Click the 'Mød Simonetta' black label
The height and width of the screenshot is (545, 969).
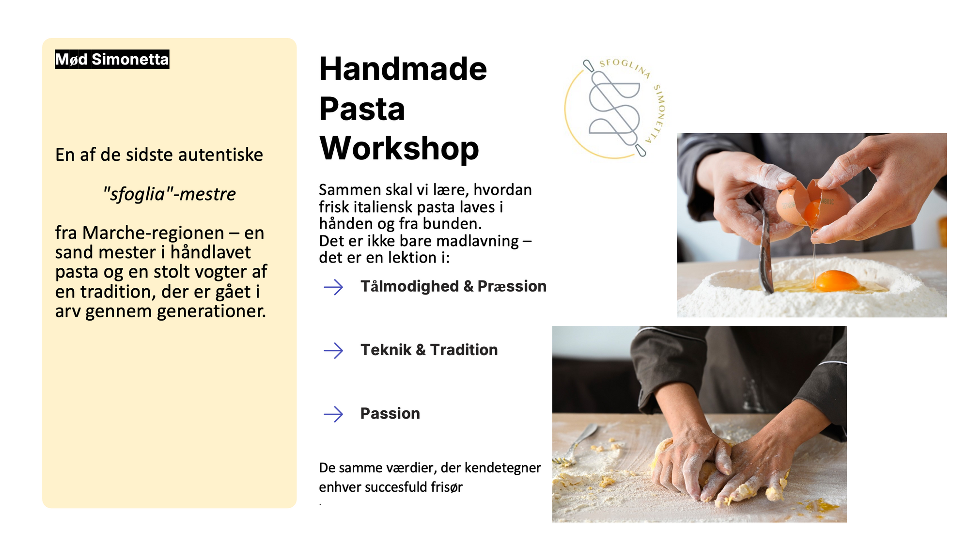(x=112, y=59)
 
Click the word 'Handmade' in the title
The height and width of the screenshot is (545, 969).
(x=403, y=69)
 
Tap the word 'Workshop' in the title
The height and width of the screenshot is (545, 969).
(x=399, y=148)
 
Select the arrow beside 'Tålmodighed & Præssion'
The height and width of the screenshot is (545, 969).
(x=333, y=287)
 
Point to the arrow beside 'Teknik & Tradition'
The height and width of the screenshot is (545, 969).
(x=333, y=350)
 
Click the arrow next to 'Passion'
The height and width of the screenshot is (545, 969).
(x=333, y=414)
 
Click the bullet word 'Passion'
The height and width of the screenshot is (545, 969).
(x=390, y=414)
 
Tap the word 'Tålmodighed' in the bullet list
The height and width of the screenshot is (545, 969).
(x=409, y=286)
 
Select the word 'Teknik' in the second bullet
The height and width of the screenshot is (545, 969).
(x=386, y=350)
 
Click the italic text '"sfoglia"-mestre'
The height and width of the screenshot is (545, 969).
(x=169, y=194)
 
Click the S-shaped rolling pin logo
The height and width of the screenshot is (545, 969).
(x=614, y=108)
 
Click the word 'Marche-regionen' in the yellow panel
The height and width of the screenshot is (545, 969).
(x=153, y=233)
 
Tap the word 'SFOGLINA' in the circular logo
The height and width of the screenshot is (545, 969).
(x=625, y=67)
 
